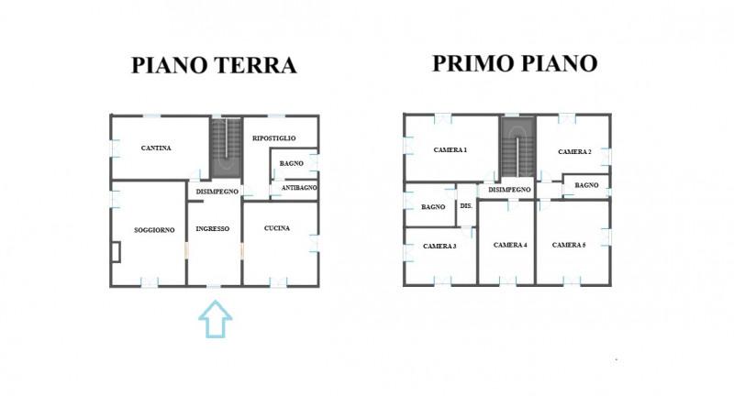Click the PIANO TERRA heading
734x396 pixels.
pos(214,65)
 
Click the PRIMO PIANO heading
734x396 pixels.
pos(515,63)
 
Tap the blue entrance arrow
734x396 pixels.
pos(216,319)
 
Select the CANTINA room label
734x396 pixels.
pos(156,148)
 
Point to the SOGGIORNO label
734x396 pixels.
pos(154,230)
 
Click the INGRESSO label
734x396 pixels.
pos(213,228)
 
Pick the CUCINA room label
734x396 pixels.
pos(277,228)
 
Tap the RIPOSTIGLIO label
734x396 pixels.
pos(273,137)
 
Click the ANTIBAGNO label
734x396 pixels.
pos(299,188)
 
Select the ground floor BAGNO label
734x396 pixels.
pos(292,163)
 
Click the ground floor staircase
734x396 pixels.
pos(226,148)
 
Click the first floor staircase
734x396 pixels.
pos(517,147)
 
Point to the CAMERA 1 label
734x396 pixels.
pos(450,150)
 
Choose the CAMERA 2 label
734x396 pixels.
pos(574,151)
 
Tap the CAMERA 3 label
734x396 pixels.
pos(439,246)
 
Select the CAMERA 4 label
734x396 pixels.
pos(510,245)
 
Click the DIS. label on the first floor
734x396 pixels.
pos(466,205)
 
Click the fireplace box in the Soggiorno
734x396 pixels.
pos(117,251)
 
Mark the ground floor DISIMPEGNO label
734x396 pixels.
pos(217,192)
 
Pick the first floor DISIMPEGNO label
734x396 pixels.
pos(509,190)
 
